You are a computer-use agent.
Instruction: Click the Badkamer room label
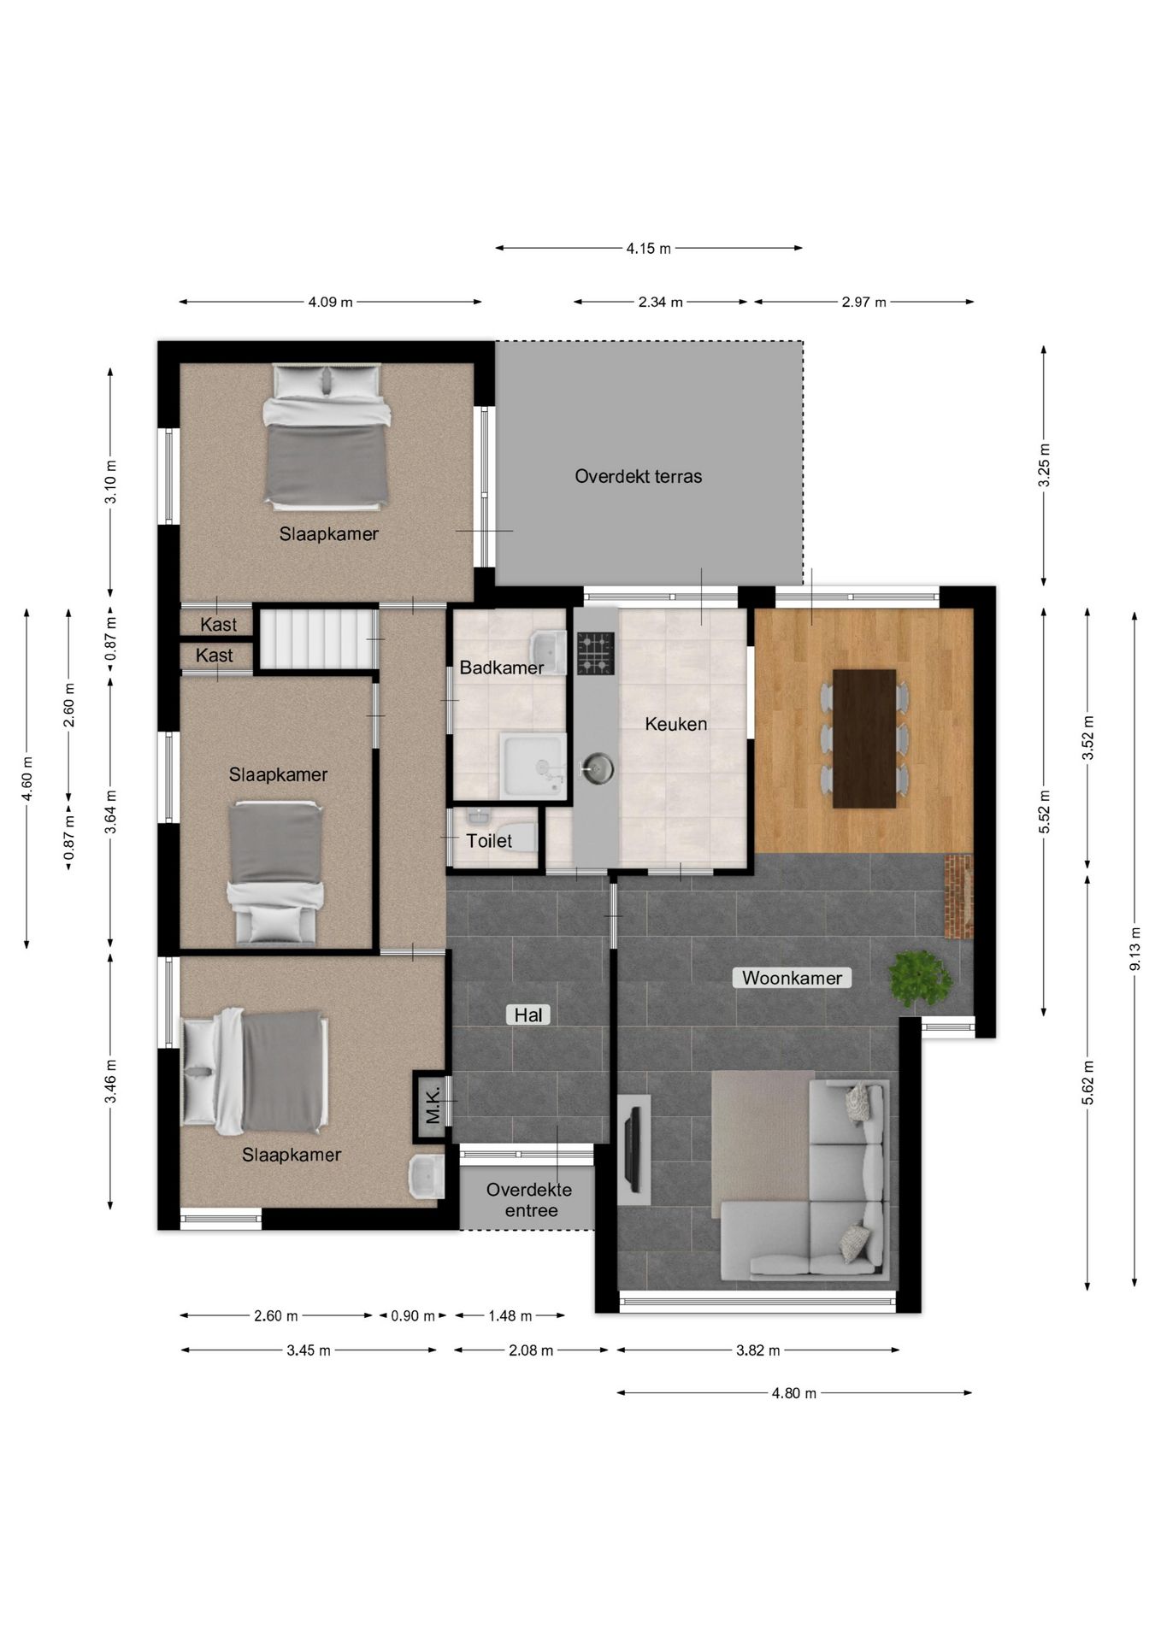(x=502, y=668)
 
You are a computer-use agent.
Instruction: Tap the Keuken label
(x=676, y=724)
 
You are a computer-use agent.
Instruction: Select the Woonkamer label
(x=792, y=978)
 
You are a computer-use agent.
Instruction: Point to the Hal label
(x=528, y=1015)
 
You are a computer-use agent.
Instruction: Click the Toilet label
(x=489, y=840)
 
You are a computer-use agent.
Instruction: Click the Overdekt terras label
(x=639, y=476)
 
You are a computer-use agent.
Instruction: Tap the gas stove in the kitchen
(x=595, y=653)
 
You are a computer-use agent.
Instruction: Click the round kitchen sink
(x=596, y=768)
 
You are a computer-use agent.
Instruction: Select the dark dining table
(x=864, y=738)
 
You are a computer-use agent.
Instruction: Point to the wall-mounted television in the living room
(x=634, y=1149)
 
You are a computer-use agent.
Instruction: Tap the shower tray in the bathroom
(x=533, y=764)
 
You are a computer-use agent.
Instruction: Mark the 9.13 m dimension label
(x=1135, y=949)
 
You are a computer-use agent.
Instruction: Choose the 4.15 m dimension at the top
(x=649, y=249)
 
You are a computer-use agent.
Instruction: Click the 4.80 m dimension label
(x=794, y=1393)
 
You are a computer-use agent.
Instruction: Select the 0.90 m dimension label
(x=413, y=1316)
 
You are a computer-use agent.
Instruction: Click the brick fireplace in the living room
(x=958, y=897)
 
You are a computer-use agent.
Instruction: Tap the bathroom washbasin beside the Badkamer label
(x=548, y=652)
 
